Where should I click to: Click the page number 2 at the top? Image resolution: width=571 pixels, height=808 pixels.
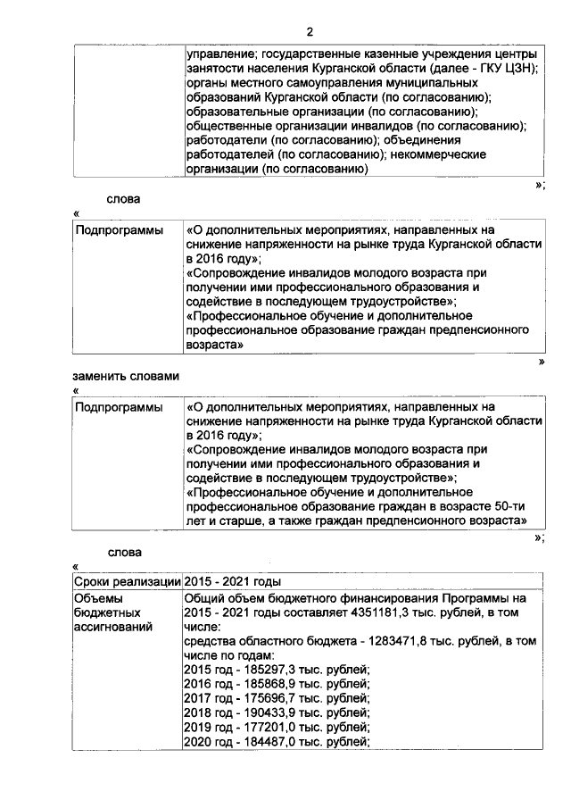[x=309, y=32]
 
